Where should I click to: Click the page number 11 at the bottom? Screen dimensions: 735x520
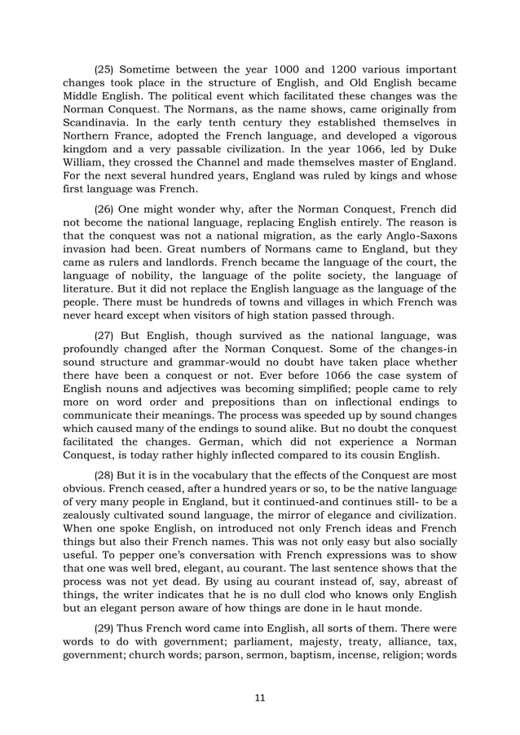click(x=260, y=697)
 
